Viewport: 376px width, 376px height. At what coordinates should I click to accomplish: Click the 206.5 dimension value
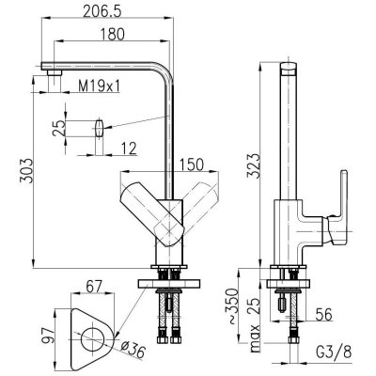[102, 12]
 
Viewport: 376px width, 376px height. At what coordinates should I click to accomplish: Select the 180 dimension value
[113, 35]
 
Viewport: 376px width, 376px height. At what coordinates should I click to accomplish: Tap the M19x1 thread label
[99, 86]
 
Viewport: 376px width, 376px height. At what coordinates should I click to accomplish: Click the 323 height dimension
[253, 165]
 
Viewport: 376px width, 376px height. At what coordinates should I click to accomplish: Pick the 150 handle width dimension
[192, 164]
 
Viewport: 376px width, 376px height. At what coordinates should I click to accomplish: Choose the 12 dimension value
[128, 149]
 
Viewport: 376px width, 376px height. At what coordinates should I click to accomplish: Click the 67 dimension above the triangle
[94, 286]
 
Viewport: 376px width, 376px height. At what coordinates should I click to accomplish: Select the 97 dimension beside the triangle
[48, 335]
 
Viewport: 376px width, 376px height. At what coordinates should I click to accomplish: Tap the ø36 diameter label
[133, 350]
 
